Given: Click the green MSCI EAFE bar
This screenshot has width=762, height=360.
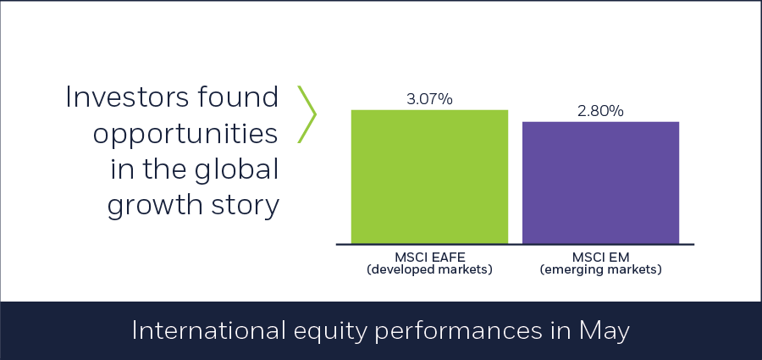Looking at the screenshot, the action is click(429, 176).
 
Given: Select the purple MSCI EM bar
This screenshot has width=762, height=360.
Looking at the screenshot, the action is click(600, 182).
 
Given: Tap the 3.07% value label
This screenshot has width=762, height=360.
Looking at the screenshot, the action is click(429, 99).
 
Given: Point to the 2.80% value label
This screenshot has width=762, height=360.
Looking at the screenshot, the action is click(600, 111).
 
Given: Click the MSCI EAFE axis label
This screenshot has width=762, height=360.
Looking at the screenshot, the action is click(429, 258).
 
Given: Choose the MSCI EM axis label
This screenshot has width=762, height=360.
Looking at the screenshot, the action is click(600, 258).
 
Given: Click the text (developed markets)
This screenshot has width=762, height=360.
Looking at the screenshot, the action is click(429, 269).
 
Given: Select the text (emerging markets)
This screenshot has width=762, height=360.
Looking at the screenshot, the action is click(600, 269).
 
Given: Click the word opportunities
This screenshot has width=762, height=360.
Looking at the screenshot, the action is click(185, 134).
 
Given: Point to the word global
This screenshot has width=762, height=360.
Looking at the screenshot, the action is click(237, 169).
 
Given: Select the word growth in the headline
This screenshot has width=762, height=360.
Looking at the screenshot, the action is click(155, 206).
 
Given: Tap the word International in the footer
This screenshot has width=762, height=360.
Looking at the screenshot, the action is click(208, 331).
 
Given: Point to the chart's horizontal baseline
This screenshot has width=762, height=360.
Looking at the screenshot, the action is click(515, 244).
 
